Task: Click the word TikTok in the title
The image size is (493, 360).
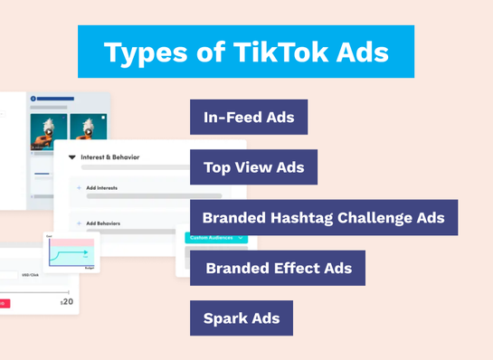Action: point(270,52)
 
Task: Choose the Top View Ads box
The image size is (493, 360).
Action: point(253,167)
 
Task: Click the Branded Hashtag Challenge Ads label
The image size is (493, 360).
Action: point(324,218)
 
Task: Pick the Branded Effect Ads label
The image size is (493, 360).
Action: point(277,268)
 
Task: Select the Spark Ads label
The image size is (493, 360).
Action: point(242,318)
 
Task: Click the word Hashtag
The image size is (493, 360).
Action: point(303,218)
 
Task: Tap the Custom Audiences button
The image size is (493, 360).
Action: point(214,238)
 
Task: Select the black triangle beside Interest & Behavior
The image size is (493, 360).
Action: point(72,157)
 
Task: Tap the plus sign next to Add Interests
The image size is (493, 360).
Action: point(79,187)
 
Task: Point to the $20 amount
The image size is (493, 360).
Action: point(67,301)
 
